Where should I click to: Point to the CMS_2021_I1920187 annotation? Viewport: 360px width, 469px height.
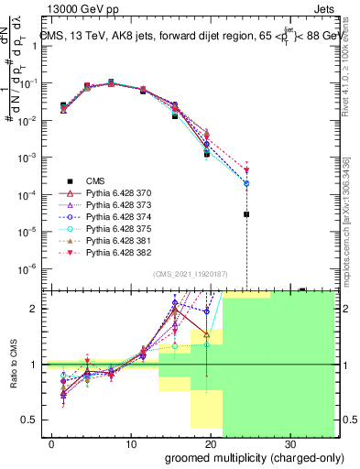tap(189, 274)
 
